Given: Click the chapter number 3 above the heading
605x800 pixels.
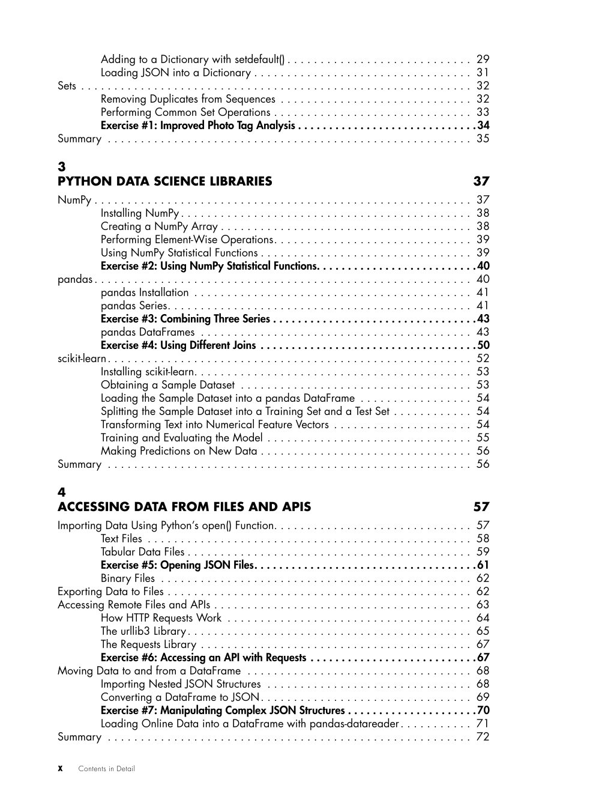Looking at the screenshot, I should pos(61,166).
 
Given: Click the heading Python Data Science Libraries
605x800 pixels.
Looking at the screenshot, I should pos(164,181).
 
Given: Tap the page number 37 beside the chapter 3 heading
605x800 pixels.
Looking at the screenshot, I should pos(481,181).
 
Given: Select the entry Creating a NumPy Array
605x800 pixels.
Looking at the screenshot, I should pos(159,226).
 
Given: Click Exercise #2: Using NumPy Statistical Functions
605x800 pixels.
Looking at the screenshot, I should pos(208,266).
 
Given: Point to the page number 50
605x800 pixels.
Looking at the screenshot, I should pos(483,345).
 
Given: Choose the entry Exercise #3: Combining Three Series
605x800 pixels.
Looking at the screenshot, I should pos(185,319).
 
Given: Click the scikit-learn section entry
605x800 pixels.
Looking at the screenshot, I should pos(81,359).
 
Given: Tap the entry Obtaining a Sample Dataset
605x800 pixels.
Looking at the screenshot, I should pos(167,385).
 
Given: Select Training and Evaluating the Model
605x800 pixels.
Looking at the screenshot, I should pos(181,438).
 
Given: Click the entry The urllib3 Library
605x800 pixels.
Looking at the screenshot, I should pos(143,631).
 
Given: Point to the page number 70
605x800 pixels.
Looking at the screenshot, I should pos(483,711).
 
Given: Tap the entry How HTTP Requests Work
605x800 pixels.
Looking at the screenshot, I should pos(161,618).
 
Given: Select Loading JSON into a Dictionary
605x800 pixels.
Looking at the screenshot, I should pos(175,73).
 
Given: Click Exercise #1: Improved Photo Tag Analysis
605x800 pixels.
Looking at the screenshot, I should pos(197,126).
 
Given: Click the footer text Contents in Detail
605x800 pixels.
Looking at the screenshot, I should pos(106,769).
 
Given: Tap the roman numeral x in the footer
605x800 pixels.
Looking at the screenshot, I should pos(61,769).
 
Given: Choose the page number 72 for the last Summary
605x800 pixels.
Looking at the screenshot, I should pos(483,737).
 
